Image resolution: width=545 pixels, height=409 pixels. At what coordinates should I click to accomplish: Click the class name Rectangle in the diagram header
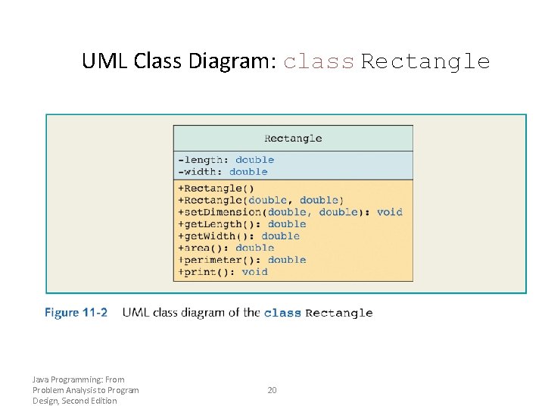coord(293,139)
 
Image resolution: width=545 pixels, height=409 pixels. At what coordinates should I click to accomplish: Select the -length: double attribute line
coord(226,160)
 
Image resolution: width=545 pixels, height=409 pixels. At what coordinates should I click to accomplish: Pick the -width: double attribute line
coord(223,172)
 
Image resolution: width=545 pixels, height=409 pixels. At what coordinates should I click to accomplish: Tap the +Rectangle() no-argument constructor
coord(216,189)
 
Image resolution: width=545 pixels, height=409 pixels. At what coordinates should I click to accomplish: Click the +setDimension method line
coord(290,212)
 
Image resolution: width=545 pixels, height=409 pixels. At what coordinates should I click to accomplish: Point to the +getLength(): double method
coord(241,224)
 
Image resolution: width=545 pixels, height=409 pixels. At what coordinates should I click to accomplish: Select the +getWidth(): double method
coord(238,236)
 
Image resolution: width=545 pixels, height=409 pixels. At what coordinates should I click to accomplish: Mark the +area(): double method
coord(226,248)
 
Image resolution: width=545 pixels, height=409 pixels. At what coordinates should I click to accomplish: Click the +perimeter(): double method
coord(241,260)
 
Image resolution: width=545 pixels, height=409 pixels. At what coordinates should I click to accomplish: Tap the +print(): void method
coord(223,272)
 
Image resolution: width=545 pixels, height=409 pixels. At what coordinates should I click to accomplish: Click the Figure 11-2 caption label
coord(76,312)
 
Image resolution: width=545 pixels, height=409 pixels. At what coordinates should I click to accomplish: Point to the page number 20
coord(272,390)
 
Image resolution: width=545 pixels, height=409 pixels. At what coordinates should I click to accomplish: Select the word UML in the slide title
coord(105,61)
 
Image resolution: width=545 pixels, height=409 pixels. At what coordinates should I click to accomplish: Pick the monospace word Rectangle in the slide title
coord(425,61)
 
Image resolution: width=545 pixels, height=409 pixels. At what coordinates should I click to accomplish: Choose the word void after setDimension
coord(390,212)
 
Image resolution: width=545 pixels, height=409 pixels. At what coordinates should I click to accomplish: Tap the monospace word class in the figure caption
coord(282,313)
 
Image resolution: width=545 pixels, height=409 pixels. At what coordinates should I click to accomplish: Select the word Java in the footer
coord(41,379)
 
